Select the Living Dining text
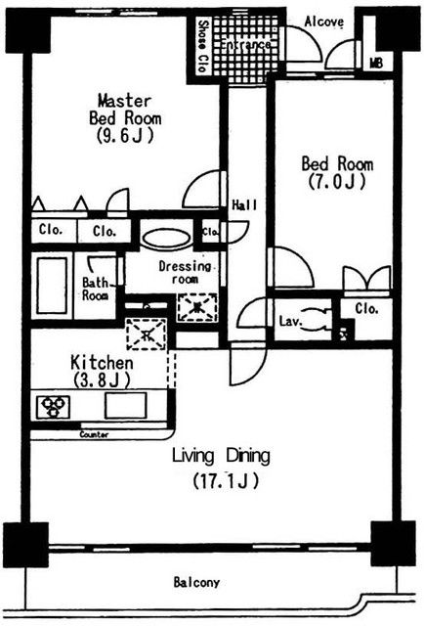pyautogui.click(x=221, y=455)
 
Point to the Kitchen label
pyautogui.click(x=101, y=362)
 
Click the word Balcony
pyautogui.click(x=196, y=582)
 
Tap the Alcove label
pyautogui.click(x=322, y=21)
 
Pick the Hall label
pyautogui.click(x=243, y=205)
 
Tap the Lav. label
pyautogui.click(x=289, y=320)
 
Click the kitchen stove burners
pyautogui.click(x=52, y=405)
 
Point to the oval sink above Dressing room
pyautogui.click(x=167, y=238)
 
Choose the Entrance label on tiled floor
pyautogui.click(x=243, y=45)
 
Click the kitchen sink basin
pyautogui.click(x=126, y=404)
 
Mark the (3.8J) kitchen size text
pyautogui.click(x=101, y=380)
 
